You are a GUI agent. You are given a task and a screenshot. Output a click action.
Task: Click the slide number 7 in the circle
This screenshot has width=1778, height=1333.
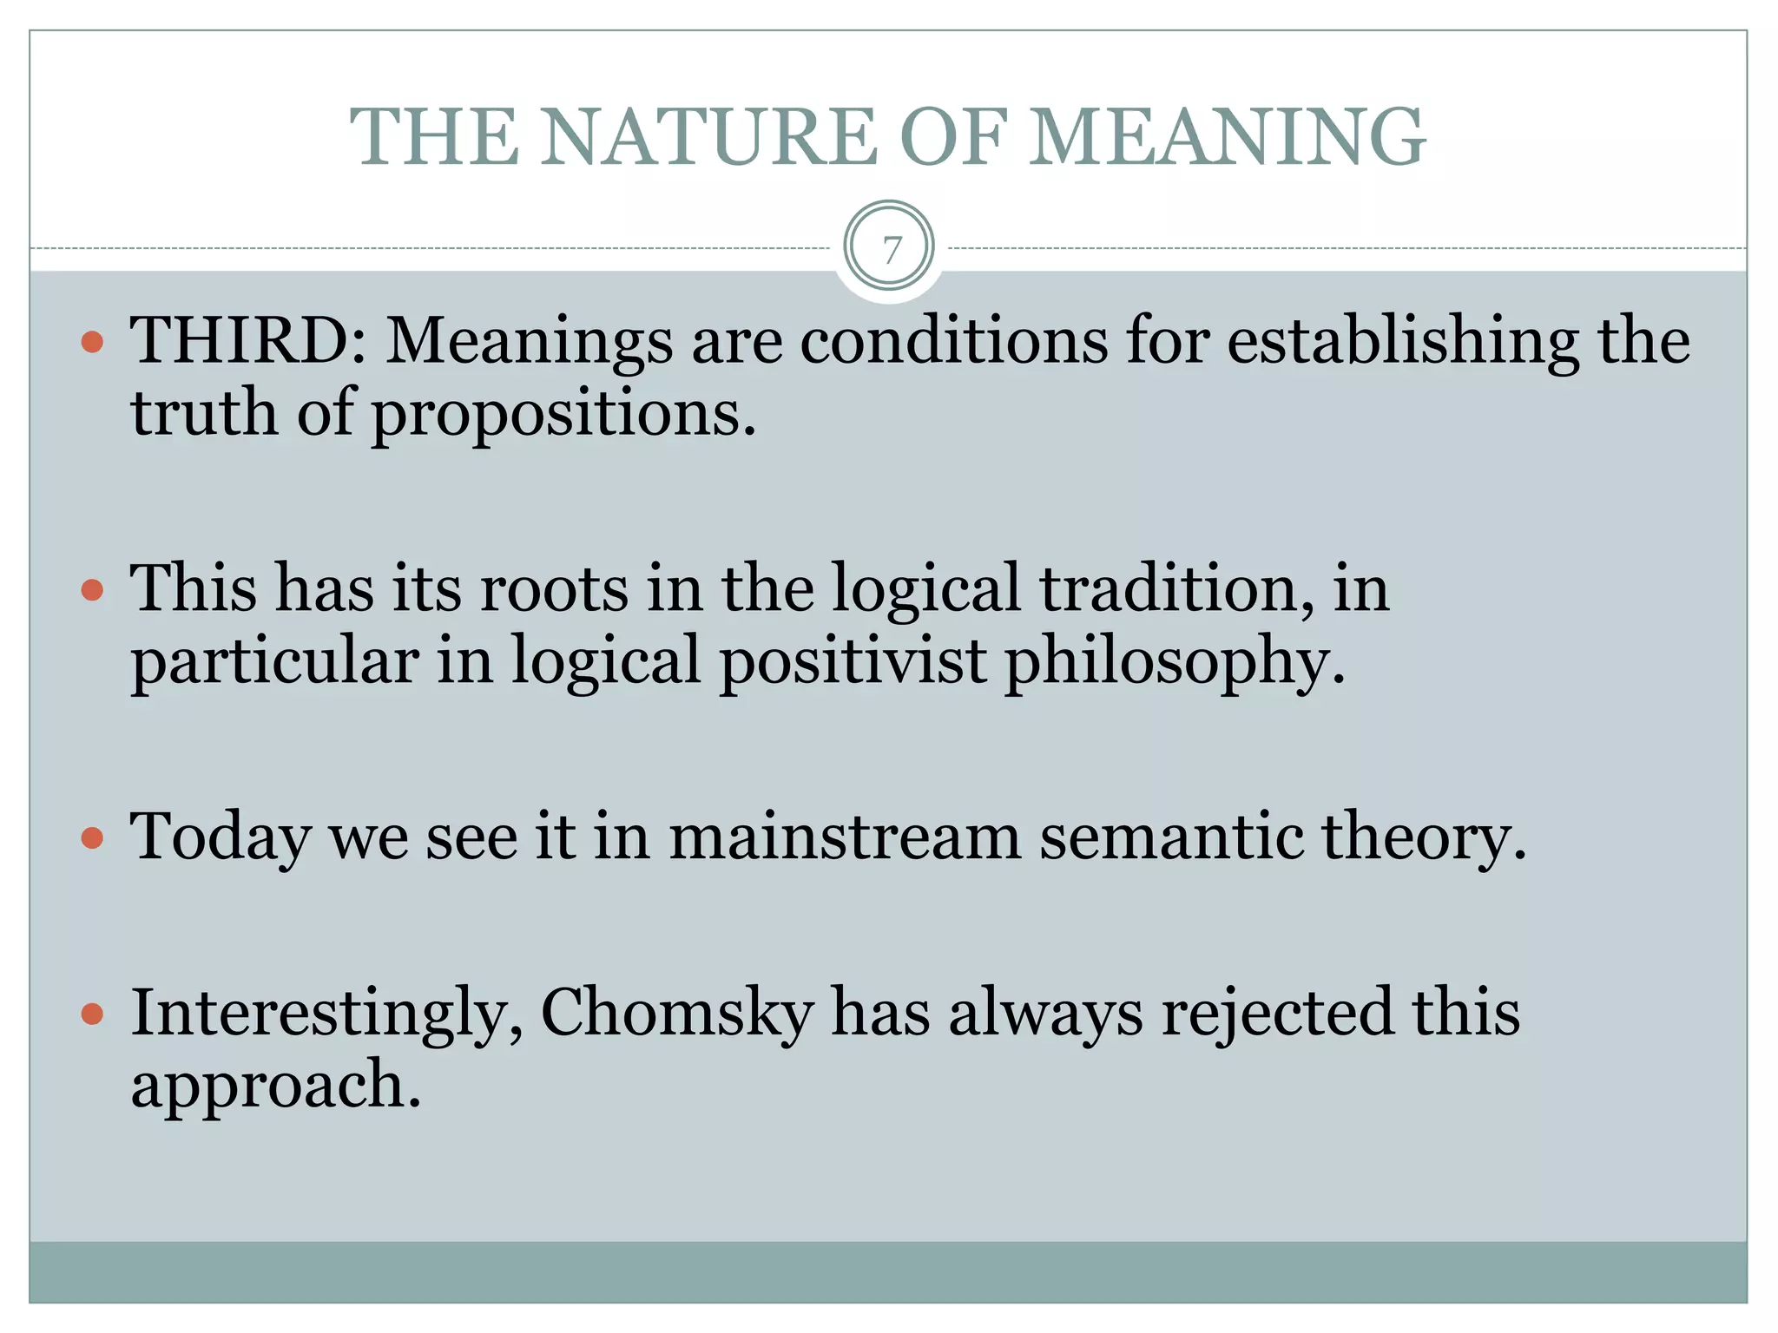[x=889, y=249]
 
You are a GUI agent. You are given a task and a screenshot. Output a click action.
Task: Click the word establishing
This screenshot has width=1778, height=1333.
[x=1403, y=339]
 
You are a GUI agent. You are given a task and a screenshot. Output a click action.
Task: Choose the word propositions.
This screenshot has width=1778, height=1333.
[x=564, y=413]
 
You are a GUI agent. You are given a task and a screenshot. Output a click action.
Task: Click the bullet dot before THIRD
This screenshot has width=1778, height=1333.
[x=92, y=342]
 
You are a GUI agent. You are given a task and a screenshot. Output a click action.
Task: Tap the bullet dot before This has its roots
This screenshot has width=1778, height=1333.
[x=92, y=591]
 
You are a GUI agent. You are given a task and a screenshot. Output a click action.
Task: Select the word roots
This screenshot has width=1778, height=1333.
[x=554, y=588]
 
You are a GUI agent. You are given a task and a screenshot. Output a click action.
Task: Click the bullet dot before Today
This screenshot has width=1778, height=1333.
[x=92, y=838]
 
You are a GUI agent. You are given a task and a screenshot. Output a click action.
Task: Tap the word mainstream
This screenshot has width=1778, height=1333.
[x=845, y=837]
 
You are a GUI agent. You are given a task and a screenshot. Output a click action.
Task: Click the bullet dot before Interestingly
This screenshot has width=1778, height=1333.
[x=92, y=1014]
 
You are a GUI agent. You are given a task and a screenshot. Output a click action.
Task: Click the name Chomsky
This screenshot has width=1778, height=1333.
[x=677, y=1013]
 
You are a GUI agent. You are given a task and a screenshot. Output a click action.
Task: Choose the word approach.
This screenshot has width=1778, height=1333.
[x=275, y=1086]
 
